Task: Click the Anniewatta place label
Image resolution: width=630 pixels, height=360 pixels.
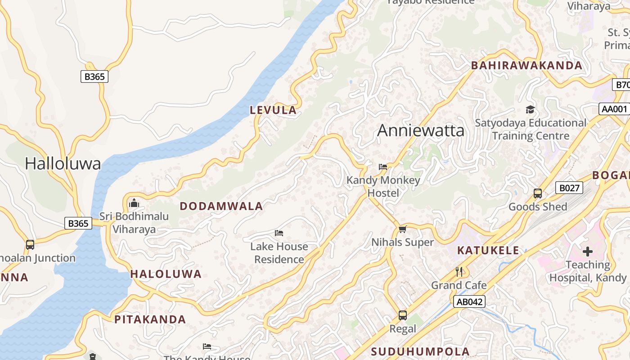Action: click(x=420, y=130)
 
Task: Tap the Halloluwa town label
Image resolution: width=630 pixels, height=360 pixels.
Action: click(x=63, y=163)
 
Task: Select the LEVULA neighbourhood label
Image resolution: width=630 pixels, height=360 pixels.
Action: click(x=273, y=110)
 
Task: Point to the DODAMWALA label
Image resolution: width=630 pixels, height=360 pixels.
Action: click(x=221, y=206)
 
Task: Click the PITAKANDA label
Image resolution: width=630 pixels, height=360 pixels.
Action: click(x=150, y=319)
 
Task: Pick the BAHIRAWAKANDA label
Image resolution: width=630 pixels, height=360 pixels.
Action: click(x=526, y=65)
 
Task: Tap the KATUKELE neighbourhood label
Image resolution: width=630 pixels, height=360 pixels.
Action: click(x=488, y=250)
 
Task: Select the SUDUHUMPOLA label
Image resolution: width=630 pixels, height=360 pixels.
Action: click(x=420, y=351)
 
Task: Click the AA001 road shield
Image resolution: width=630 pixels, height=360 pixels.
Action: click(x=614, y=109)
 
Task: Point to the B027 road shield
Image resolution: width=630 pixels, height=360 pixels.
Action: click(x=569, y=188)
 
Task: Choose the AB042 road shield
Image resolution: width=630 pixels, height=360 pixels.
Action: click(x=469, y=301)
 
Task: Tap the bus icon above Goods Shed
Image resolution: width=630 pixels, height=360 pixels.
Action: click(x=537, y=193)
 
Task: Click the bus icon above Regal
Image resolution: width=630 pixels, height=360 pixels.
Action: click(x=403, y=315)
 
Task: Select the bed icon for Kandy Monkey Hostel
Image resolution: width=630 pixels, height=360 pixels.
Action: click(x=383, y=166)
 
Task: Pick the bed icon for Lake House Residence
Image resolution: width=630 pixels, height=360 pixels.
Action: click(x=279, y=233)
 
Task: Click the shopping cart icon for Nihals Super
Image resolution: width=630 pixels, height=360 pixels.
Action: click(x=403, y=229)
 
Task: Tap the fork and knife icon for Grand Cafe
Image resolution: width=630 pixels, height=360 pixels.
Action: click(x=459, y=271)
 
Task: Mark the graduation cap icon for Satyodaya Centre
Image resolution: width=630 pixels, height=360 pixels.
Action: click(x=531, y=109)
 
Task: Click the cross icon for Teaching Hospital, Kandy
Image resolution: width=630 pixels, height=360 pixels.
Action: click(x=588, y=252)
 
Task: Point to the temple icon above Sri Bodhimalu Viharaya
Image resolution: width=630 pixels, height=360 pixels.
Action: click(x=134, y=203)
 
